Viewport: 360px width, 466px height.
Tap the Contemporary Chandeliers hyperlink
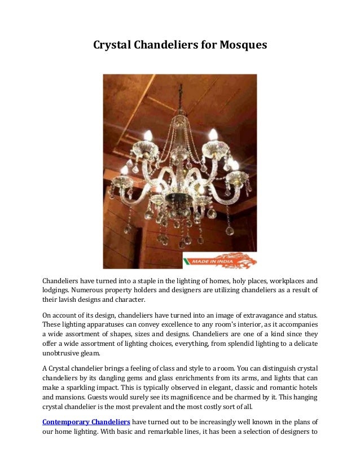tap(86, 422)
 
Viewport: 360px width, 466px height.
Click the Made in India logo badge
tap(219, 261)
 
